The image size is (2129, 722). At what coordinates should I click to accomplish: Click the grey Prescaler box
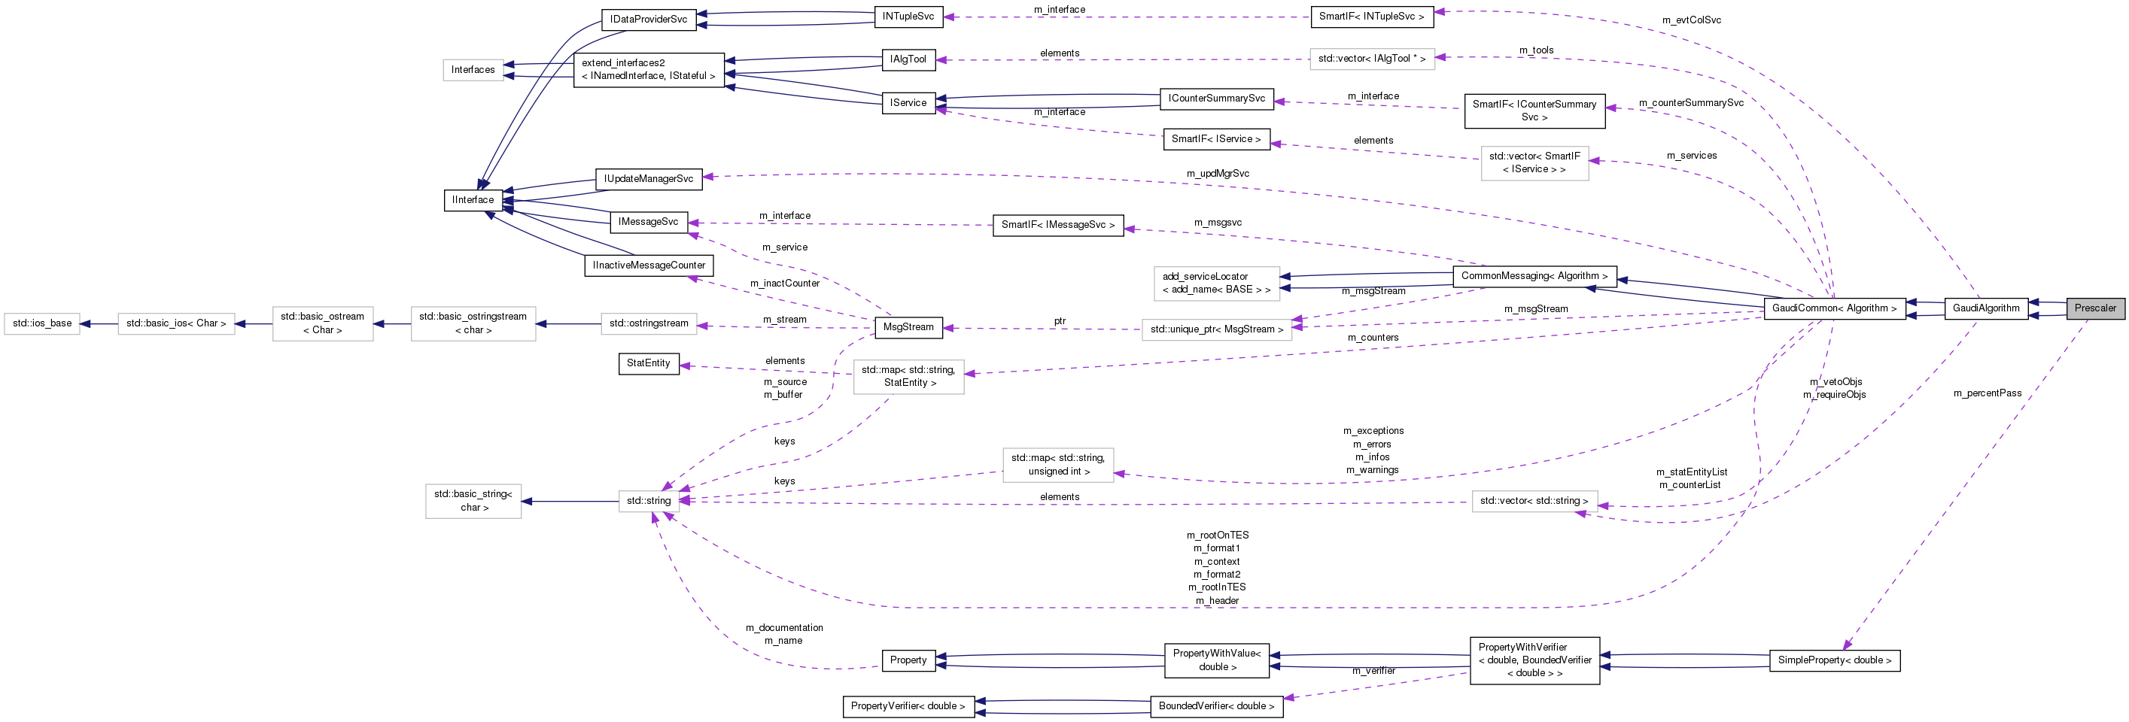(x=2095, y=308)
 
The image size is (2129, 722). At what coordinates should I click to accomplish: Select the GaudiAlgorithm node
(x=1985, y=308)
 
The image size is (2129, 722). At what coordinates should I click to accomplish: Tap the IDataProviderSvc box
(x=648, y=19)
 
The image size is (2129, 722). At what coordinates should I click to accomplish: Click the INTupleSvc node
(x=908, y=17)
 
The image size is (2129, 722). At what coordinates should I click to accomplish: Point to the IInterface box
(x=473, y=200)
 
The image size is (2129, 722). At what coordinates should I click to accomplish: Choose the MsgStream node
(x=908, y=327)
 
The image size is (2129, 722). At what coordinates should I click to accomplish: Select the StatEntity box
(x=648, y=363)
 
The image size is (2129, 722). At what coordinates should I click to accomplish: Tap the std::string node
(x=649, y=501)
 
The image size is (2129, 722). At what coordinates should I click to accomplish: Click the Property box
(x=908, y=660)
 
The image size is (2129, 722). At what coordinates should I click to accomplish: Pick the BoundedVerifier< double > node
(x=1215, y=706)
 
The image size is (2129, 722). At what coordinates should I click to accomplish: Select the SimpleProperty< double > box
(x=1834, y=660)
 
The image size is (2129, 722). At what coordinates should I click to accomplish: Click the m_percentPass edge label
(x=1987, y=393)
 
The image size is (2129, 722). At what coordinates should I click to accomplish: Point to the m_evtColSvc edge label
(x=1691, y=20)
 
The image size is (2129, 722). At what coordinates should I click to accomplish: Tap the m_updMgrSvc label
(x=1218, y=174)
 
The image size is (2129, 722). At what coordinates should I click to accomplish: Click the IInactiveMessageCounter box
(x=649, y=265)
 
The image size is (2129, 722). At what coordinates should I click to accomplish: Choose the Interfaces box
(x=473, y=70)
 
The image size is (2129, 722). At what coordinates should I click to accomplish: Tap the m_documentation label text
(x=783, y=628)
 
